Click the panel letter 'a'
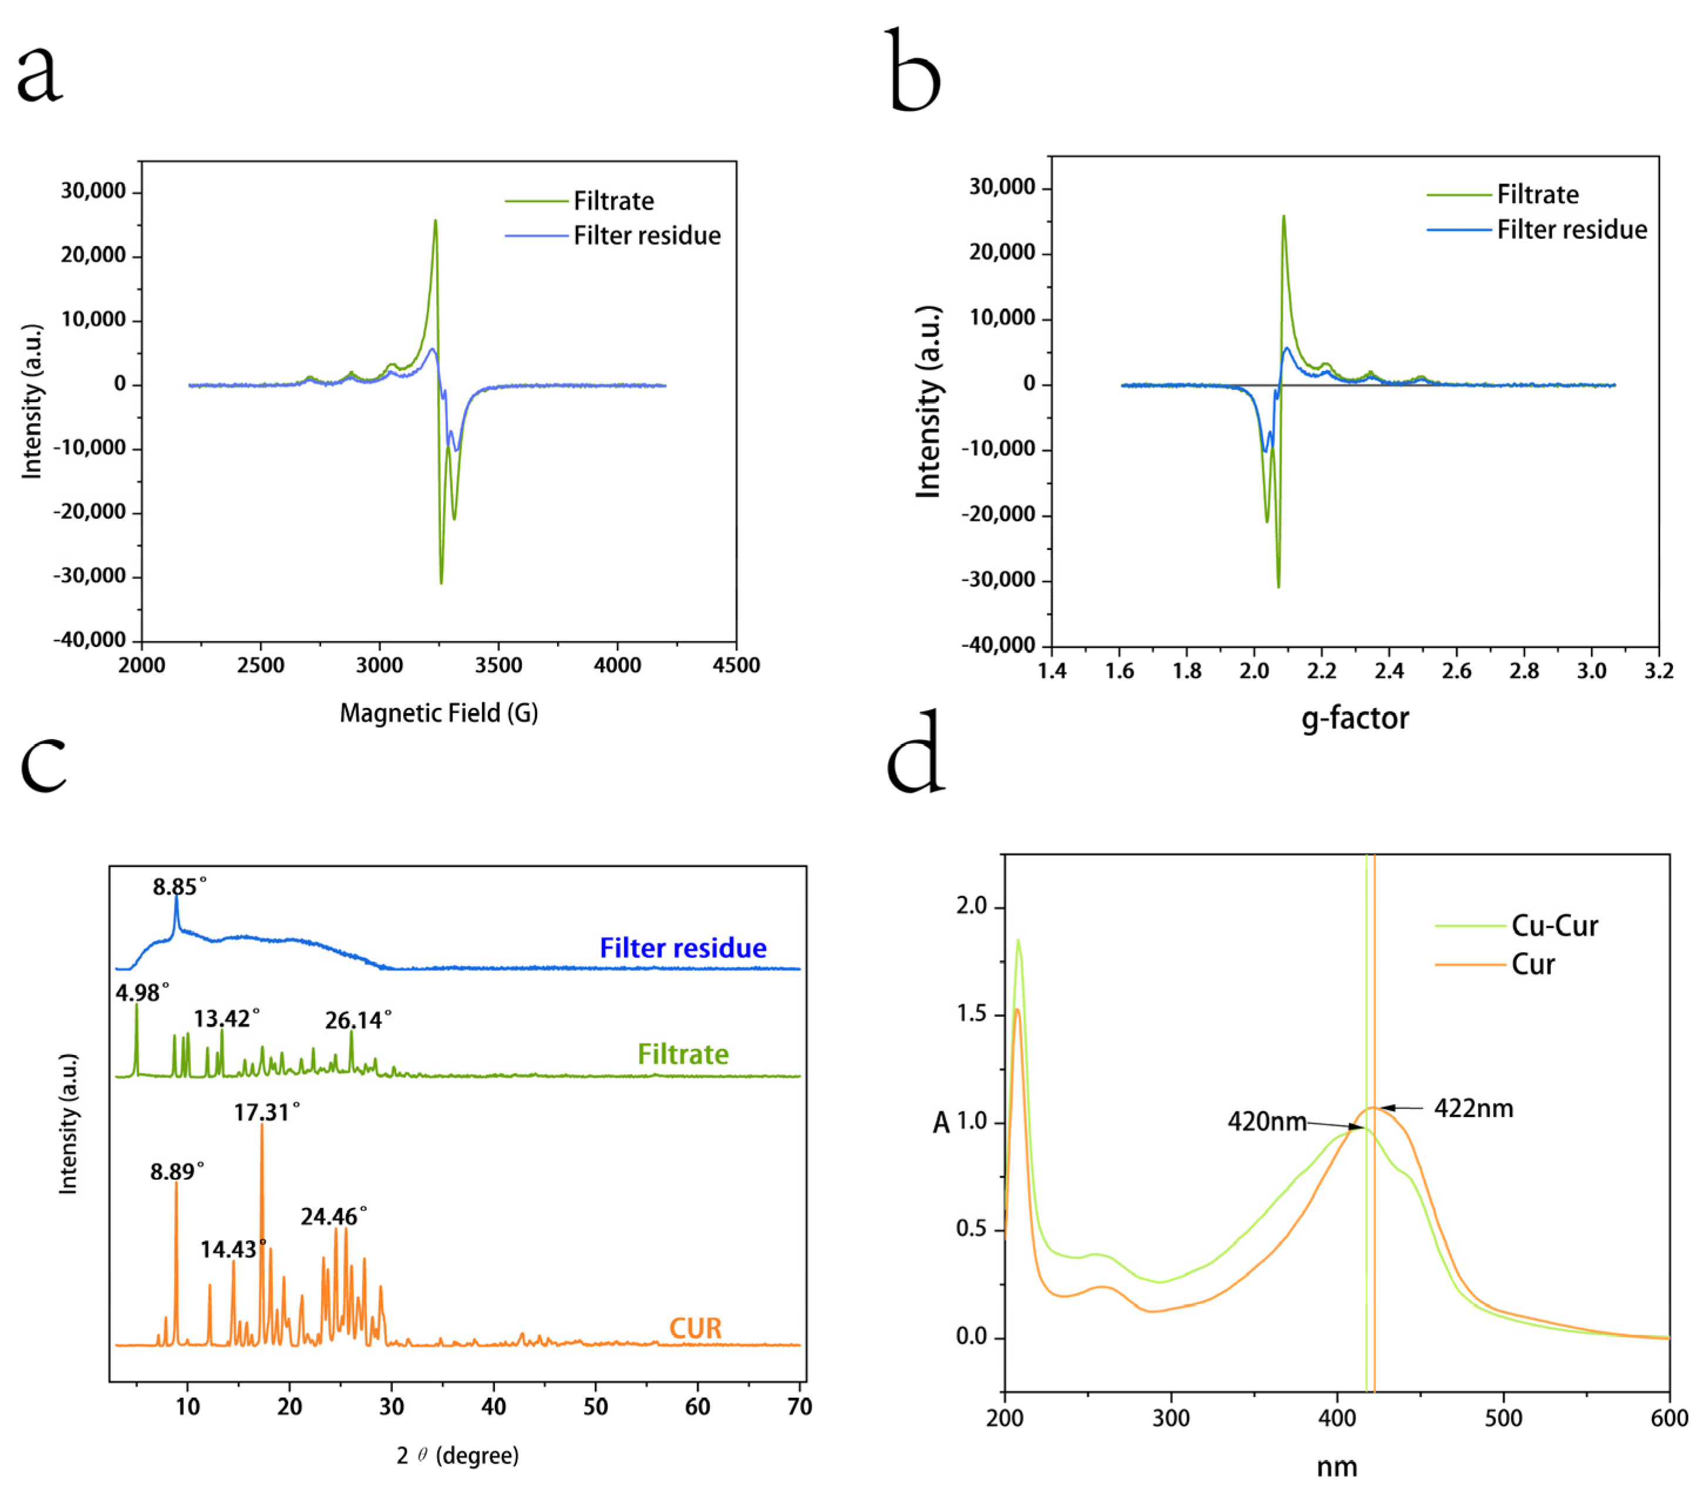(x=39, y=75)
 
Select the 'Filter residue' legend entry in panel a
(x=646, y=237)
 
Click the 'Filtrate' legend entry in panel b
(x=1537, y=195)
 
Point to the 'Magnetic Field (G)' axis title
(x=439, y=713)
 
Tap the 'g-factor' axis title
(x=1354, y=718)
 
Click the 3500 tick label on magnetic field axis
(x=498, y=666)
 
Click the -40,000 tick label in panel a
(x=90, y=640)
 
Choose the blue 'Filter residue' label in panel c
(x=683, y=949)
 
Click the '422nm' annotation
(x=1473, y=1108)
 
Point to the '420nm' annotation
(x=1266, y=1122)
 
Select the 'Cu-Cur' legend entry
(x=1554, y=926)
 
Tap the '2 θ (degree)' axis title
(x=457, y=1455)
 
